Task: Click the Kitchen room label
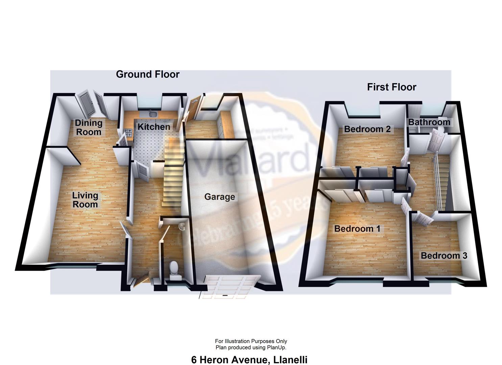153,127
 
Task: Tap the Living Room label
85,200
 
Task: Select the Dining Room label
89,127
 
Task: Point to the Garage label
219,197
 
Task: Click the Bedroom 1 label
357,229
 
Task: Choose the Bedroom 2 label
367,129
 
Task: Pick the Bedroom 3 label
444,255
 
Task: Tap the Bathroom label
429,122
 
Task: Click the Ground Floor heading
147,74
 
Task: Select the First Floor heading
391,87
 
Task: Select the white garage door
231,287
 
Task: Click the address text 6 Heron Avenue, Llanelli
249,360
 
